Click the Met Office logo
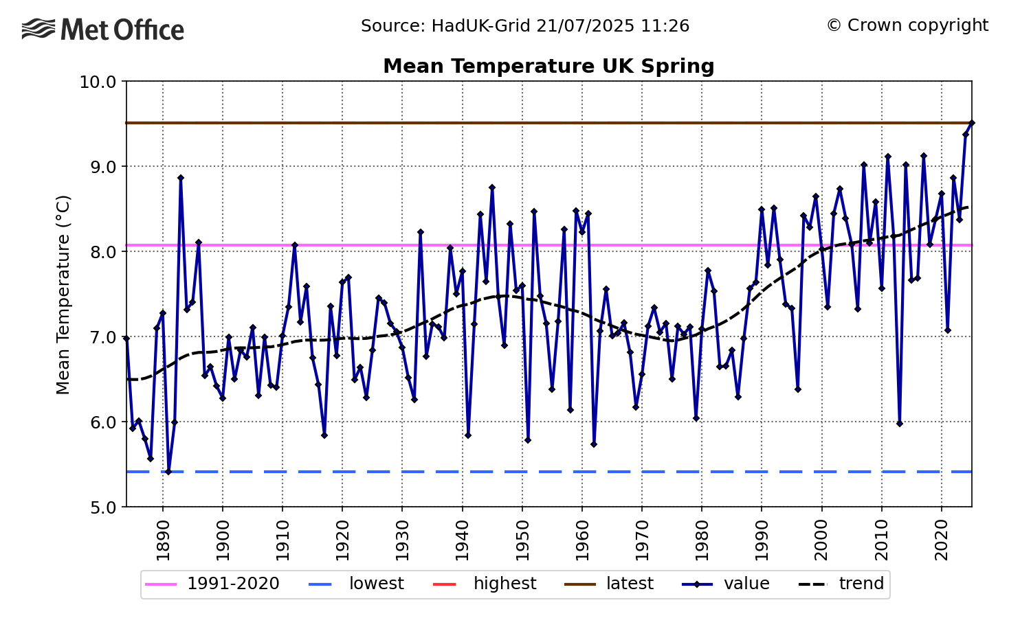[103, 30]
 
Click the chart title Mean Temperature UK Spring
[548, 66]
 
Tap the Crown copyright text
[907, 25]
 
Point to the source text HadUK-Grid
[525, 26]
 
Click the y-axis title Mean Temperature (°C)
[63, 295]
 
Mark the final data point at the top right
[971, 123]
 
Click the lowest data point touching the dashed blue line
[168, 472]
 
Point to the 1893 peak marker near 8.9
[181, 178]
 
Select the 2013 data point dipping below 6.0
[899, 424]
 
